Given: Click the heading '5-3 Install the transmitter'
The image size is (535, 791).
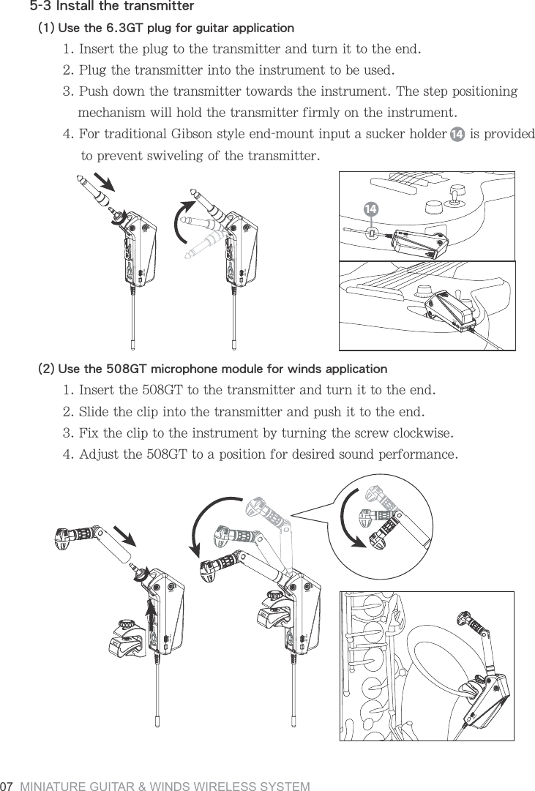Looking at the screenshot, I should pyautogui.click(x=111, y=7).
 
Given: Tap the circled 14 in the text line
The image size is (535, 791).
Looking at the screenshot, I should pyautogui.click(x=456, y=136).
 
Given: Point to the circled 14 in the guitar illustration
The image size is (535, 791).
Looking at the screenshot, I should pyautogui.click(x=371, y=210).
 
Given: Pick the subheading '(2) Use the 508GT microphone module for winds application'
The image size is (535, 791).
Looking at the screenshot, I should pyautogui.click(x=212, y=367).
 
